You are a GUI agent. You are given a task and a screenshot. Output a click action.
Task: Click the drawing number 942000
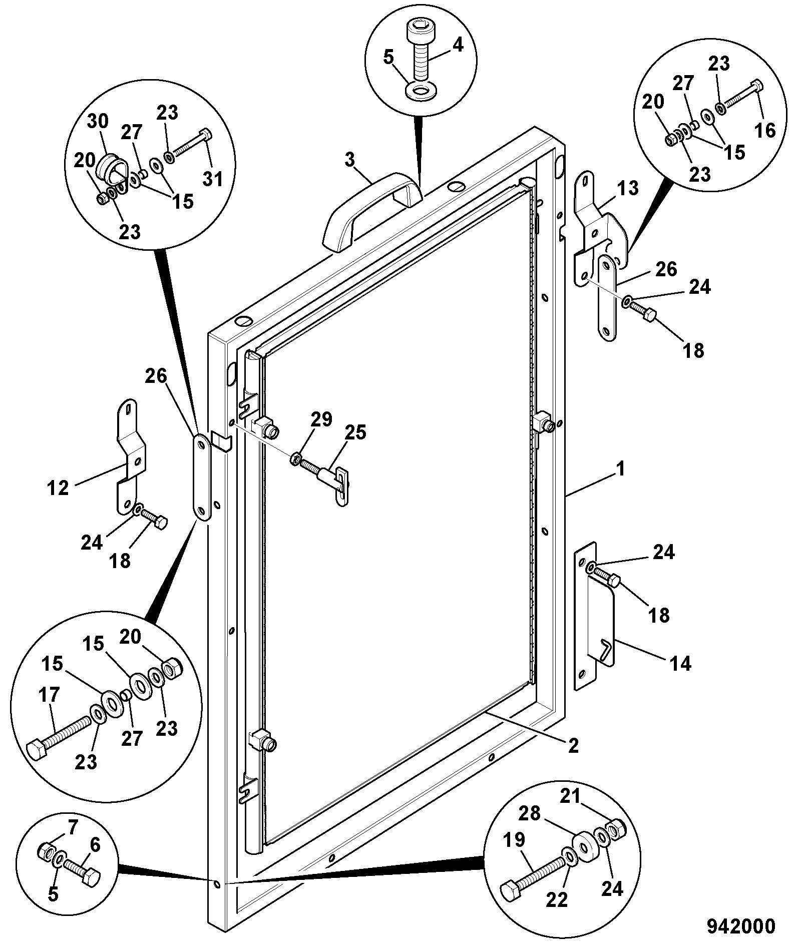[740, 926]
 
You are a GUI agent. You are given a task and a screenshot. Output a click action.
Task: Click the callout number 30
[98, 122]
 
